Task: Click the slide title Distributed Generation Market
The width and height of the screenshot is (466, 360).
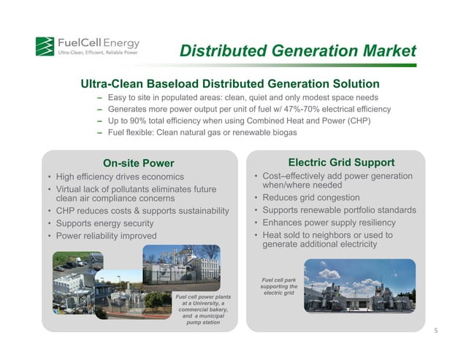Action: click(297, 52)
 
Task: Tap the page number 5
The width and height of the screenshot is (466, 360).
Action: click(435, 330)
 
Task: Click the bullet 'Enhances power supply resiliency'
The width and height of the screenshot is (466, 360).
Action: click(329, 223)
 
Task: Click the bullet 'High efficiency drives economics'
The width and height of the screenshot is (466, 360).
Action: click(121, 177)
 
